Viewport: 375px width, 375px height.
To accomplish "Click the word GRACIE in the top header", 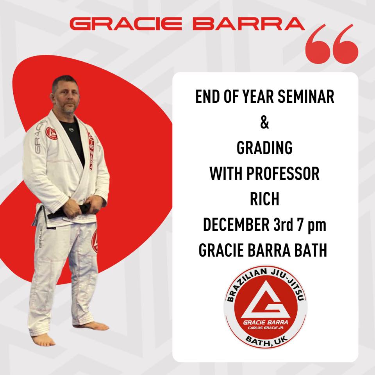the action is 126,24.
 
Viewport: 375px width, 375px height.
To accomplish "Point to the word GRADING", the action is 264,148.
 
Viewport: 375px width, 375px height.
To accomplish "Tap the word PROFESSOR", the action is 283,173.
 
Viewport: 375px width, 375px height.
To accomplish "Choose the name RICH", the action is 264,199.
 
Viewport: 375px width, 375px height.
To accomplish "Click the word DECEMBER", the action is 236,225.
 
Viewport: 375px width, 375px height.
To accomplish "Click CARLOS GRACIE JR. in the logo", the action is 266,328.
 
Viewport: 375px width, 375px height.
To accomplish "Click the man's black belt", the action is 70,211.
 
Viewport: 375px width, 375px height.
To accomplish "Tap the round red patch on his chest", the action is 52,133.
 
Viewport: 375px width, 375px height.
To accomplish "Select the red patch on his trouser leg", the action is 95,241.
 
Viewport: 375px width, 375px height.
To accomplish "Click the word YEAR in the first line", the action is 258,96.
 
